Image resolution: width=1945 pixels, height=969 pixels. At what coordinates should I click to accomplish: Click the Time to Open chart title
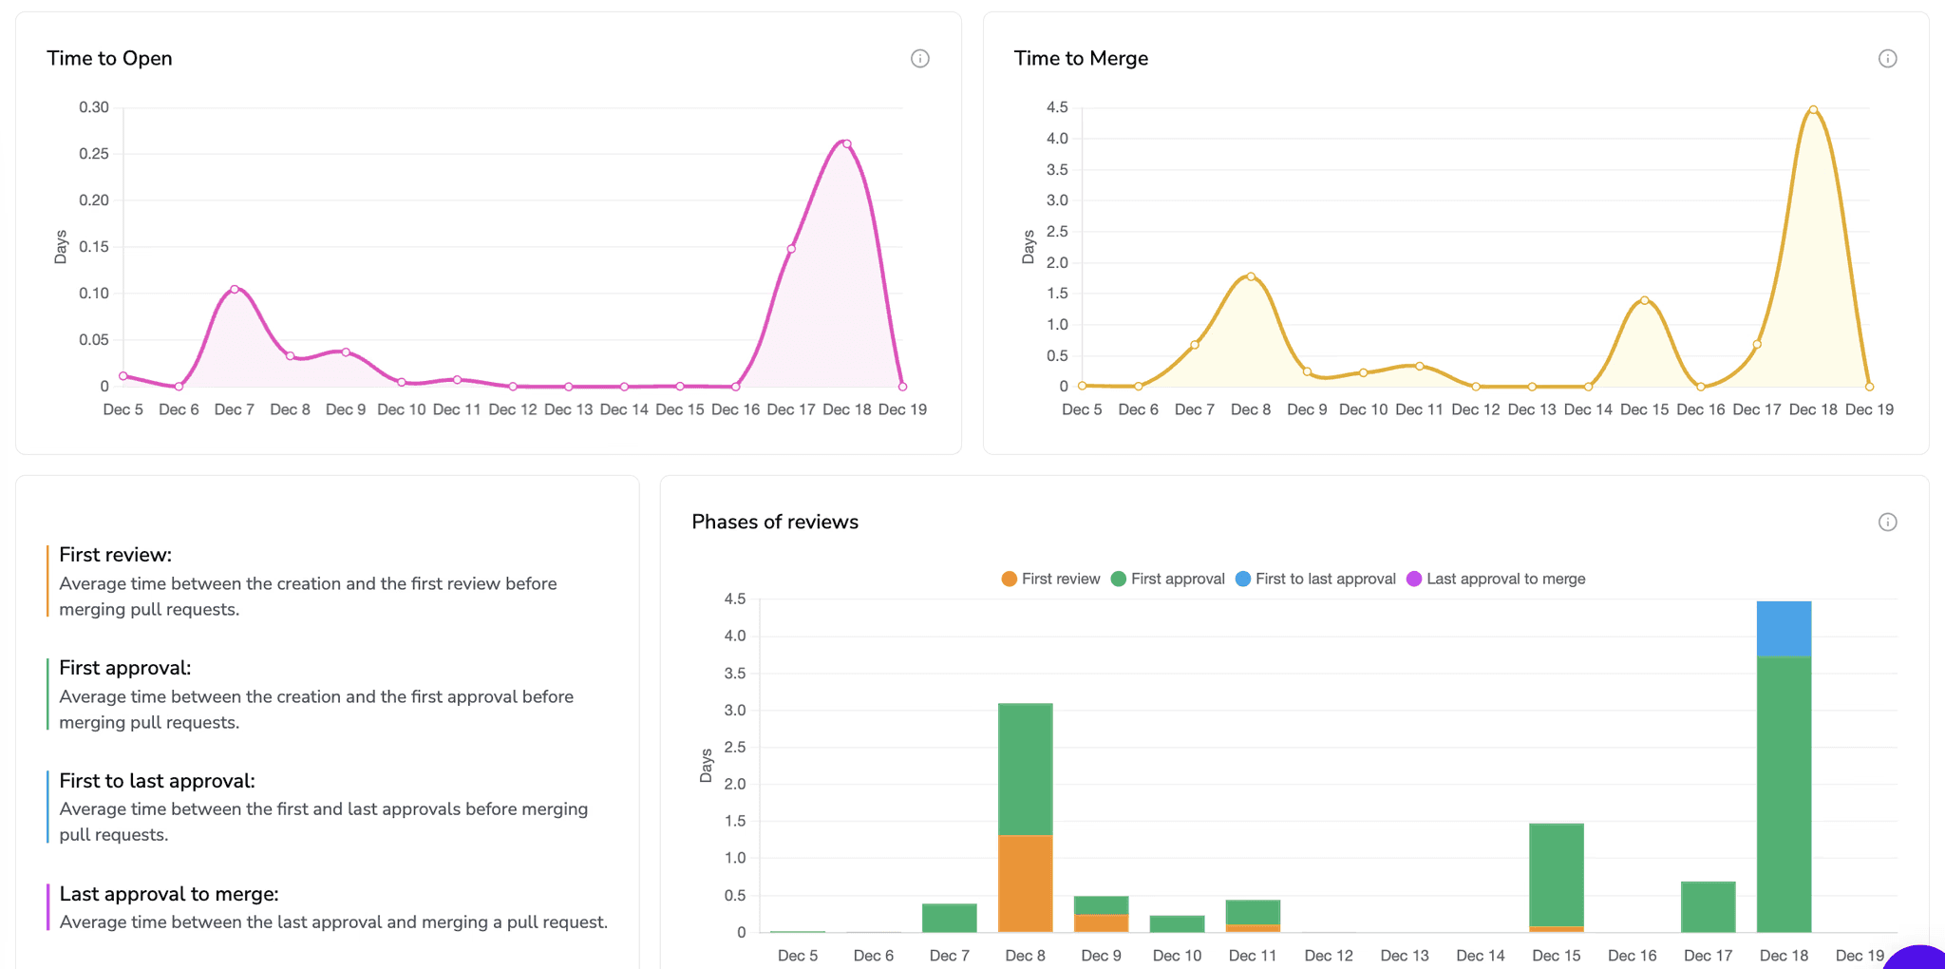coord(109,58)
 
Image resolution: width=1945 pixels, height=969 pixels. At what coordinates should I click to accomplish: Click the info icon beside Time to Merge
coord(1887,59)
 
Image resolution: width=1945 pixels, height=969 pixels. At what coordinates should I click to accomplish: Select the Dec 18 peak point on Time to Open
coord(846,144)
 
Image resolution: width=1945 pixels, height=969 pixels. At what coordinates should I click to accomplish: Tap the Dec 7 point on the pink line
coord(235,289)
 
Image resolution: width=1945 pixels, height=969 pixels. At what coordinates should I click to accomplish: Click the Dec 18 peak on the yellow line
coord(1813,110)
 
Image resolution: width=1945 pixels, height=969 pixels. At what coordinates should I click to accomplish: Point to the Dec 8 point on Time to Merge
coord(1251,276)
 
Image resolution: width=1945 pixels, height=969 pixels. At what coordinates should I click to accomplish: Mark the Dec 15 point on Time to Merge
coord(1644,300)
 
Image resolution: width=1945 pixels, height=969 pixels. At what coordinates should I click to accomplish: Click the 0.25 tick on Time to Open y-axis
coord(93,154)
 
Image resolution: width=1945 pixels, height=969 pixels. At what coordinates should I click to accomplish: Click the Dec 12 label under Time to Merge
coord(1475,409)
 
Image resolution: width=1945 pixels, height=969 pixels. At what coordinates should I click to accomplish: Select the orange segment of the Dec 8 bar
coord(1025,883)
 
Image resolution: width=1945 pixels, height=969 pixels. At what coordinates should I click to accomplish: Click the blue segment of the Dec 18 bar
coord(1784,629)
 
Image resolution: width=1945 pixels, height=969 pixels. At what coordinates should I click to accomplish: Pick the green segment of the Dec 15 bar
coord(1556,874)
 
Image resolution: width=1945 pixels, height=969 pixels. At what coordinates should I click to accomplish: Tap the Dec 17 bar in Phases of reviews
coord(1708,907)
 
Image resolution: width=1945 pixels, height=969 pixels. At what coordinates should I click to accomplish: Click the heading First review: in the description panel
coord(115,555)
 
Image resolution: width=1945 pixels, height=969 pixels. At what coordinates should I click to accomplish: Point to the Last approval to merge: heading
coord(168,894)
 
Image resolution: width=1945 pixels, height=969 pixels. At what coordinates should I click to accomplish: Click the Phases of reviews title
coord(774,522)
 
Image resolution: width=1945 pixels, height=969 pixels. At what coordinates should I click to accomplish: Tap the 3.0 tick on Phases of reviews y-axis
coord(735,711)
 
